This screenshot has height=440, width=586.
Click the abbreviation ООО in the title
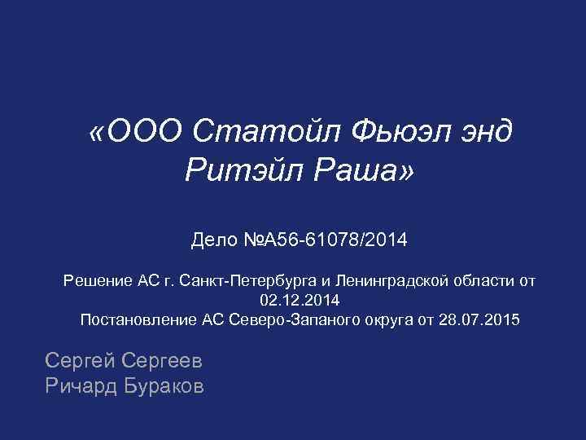pos(149,130)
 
